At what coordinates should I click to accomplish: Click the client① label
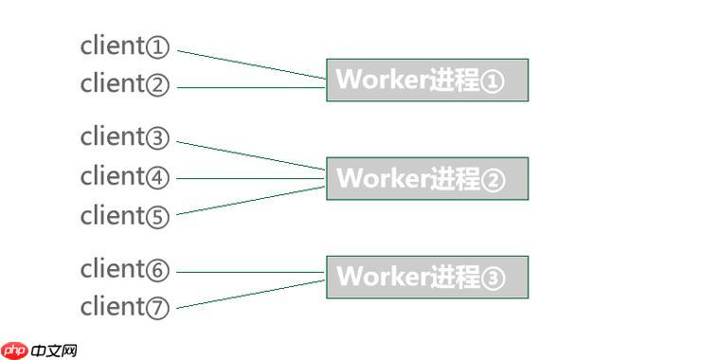(124, 45)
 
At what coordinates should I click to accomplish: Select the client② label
(124, 83)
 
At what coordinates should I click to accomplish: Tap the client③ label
(124, 137)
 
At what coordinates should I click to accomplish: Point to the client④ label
(124, 176)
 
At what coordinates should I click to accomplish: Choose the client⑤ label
(124, 216)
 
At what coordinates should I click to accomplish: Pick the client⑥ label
(124, 269)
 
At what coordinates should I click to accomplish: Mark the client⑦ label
(124, 307)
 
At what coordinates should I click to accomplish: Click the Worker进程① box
(426, 80)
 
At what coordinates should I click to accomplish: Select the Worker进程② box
(426, 178)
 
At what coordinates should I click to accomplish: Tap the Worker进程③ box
(426, 277)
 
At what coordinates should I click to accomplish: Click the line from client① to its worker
(251, 63)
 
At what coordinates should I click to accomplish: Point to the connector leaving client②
(251, 87)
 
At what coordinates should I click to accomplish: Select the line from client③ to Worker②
(251, 155)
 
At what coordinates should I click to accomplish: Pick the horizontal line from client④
(251, 177)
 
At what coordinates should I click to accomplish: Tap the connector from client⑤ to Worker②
(251, 200)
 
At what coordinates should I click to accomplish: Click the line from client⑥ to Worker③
(251, 272)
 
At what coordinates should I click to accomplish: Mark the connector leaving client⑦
(251, 294)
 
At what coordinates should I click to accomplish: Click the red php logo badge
(14, 351)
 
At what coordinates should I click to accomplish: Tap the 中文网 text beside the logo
(54, 351)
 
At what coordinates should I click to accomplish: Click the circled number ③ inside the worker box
(495, 278)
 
